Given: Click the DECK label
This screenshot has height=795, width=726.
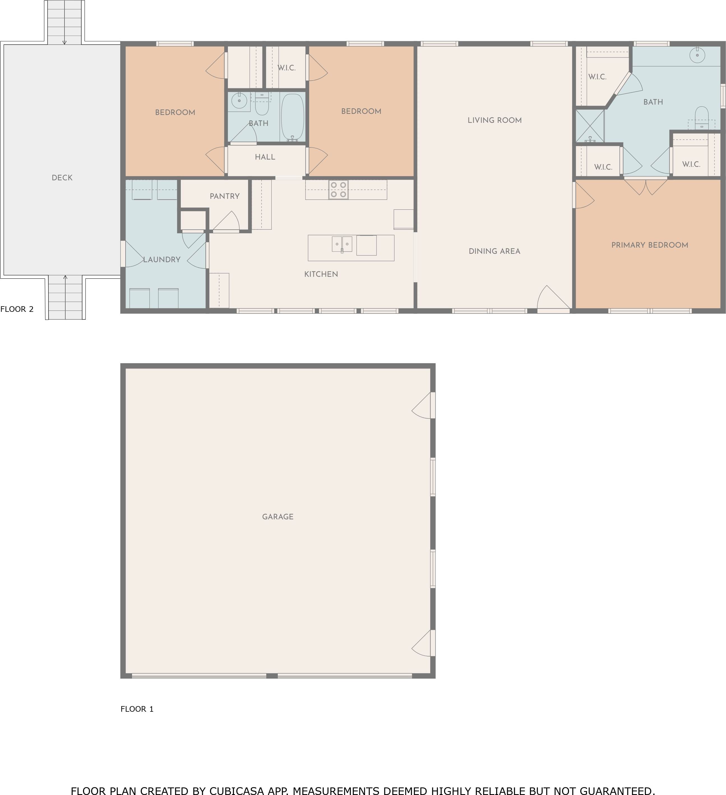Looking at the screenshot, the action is click(62, 178).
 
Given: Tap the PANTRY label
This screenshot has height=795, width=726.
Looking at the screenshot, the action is click(225, 196).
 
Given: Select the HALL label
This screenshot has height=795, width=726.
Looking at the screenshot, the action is click(265, 157).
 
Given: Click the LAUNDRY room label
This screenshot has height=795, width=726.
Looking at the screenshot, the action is click(161, 259).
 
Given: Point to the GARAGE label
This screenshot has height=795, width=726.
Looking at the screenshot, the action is click(278, 517).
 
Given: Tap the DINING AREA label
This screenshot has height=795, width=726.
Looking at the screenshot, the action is click(494, 252).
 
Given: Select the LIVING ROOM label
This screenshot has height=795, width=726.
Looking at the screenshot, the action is click(495, 121).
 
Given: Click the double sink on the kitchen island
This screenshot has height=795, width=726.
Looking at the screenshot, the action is click(342, 244).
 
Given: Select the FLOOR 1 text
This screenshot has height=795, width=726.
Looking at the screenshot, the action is click(137, 709).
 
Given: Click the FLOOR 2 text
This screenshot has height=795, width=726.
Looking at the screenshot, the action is click(17, 309).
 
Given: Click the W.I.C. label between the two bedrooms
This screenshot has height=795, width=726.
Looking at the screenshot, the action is click(286, 68).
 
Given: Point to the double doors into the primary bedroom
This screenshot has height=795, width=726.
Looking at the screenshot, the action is click(646, 187).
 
